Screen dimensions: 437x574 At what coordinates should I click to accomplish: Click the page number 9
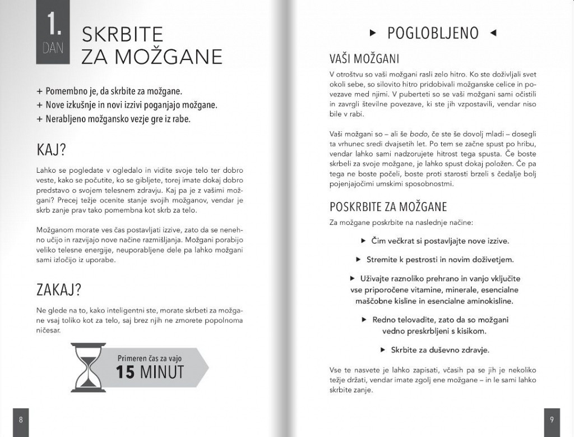click(552, 420)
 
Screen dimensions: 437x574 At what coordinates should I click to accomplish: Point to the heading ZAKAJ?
click(59, 290)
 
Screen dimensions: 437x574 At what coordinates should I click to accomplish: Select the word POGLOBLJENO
click(433, 34)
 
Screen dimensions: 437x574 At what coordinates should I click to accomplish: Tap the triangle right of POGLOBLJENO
click(493, 33)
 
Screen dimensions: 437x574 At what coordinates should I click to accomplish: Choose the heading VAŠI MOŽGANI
click(364, 58)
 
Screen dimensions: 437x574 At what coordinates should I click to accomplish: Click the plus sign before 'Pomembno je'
click(39, 91)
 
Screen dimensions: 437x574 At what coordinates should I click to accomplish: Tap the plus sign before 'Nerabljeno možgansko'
click(39, 119)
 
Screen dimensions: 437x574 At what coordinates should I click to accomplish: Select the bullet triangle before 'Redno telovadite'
click(364, 320)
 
